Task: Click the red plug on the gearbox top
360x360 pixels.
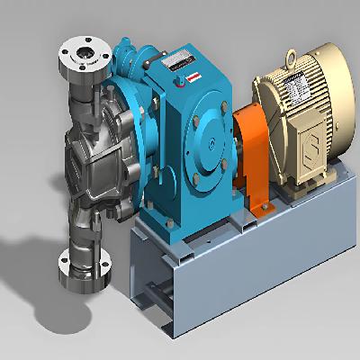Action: tap(185, 78)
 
